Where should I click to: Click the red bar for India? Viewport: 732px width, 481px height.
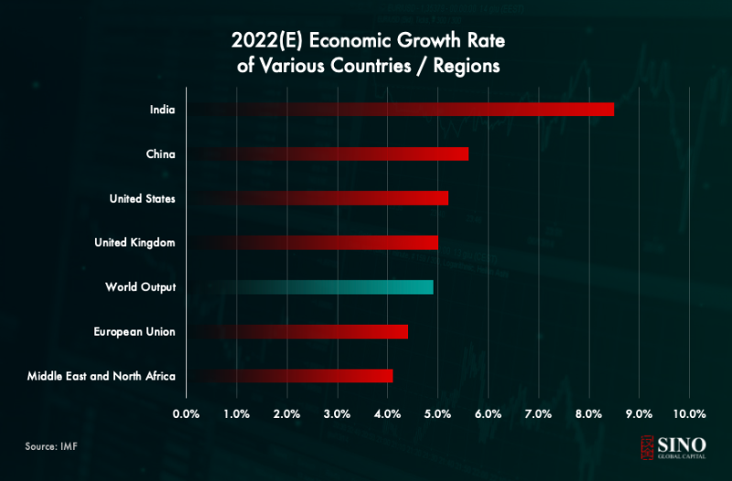tap(457, 110)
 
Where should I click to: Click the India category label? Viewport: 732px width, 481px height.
tap(162, 110)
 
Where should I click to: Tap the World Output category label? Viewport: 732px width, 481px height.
tap(141, 287)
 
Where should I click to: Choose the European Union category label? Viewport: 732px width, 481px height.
tap(135, 331)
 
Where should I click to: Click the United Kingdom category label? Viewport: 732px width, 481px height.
tap(135, 242)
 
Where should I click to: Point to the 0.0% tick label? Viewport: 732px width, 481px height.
tap(187, 414)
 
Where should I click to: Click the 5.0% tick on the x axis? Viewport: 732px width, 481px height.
tap(437, 414)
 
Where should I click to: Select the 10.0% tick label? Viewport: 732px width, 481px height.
tap(689, 414)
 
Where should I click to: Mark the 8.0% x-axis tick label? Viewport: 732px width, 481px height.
tap(588, 414)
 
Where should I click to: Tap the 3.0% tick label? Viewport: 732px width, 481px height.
tap(338, 414)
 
